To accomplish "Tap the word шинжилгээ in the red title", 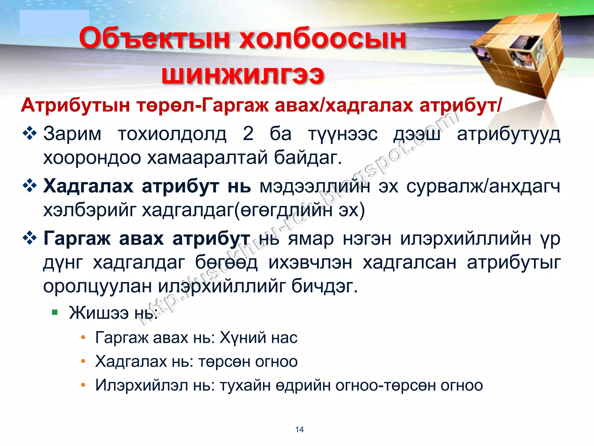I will tap(242, 75).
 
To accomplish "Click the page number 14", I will tap(299, 429).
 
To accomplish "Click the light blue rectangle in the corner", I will tap(54, 22).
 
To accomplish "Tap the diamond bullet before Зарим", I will tap(30, 134).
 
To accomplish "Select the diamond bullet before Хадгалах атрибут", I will tap(30, 186).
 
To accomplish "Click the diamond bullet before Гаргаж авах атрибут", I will tap(30, 238).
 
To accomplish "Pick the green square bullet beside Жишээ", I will tap(55, 312).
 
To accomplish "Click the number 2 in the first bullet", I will tap(248, 134).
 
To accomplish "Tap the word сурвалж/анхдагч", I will tap(483, 186).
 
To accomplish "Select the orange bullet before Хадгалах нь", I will tap(83, 362).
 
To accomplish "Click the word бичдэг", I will tap(325, 286).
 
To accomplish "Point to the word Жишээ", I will tap(99, 313).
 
